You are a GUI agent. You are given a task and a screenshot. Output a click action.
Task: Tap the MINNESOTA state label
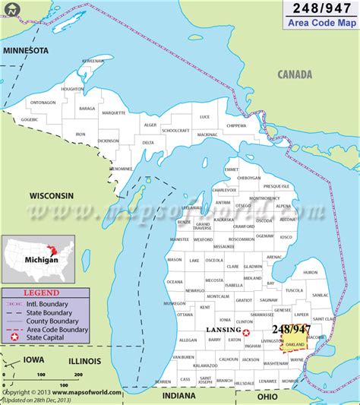click(26, 50)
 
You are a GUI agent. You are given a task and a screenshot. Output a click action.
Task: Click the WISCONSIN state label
click(52, 195)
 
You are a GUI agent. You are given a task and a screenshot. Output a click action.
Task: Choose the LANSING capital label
click(223, 331)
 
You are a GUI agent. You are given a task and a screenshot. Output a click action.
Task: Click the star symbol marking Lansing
click(246, 331)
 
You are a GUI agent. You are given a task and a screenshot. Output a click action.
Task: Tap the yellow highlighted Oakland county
click(296, 343)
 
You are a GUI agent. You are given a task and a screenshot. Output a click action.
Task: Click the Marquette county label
click(114, 112)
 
